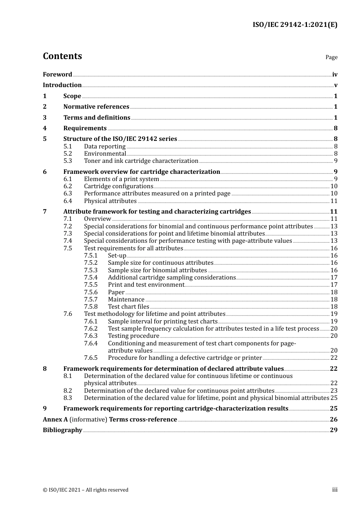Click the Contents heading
click(62, 56)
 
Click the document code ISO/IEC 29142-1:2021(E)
click(295, 25)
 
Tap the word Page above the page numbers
click(331, 57)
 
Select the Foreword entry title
click(57, 75)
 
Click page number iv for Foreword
click(335, 75)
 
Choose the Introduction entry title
click(62, 85)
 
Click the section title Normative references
click(96, 107)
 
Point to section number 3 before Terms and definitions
click(45, 118)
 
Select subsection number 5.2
click(67, 154)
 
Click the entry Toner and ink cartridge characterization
click(141, 161)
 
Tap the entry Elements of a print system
click(121, 179)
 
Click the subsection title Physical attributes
click(110, 201)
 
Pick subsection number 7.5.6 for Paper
click(91, 292)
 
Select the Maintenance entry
click(126, 300)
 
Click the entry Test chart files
click(128, 307)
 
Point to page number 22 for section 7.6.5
click(334, 358)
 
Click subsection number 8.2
click(67, 391)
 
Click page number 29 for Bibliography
click(333, 430)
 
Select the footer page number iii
click(335, 490)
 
